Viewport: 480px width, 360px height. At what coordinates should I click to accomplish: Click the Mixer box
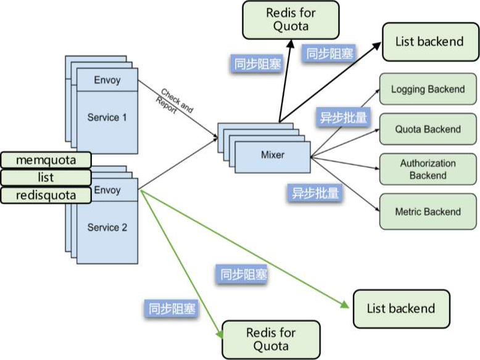[x=273, y=155]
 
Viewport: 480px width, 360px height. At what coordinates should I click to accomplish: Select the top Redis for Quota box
[x=291, y=20]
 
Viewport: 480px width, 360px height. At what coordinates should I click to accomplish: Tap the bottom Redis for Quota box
[x=271, y=340]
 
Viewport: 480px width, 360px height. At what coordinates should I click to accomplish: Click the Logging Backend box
[x=428, y=89]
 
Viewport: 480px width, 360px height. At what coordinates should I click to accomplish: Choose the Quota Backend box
[x=428, y=129]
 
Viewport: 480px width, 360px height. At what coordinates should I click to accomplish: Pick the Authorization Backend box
[x=428, y=170]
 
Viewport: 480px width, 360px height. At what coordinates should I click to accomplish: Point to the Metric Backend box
[x=428, y=211]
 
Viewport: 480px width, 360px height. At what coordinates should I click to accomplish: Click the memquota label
[x=46, y=160]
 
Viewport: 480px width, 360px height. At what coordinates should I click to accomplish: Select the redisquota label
[x=46, y=195]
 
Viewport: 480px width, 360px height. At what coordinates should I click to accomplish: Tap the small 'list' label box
[x=46, y=178]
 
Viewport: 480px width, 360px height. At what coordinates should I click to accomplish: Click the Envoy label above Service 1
[x=107, y=80]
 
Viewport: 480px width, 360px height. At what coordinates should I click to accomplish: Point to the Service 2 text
[x=107, y=227]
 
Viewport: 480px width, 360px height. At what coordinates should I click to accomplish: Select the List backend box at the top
[x=429, y=42]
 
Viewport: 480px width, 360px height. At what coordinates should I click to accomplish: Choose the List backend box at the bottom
[x=401, y=309]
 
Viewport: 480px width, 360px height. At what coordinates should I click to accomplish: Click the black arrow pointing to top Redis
[x=284, y=80]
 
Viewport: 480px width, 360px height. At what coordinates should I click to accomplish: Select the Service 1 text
[x=107, y=117]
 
